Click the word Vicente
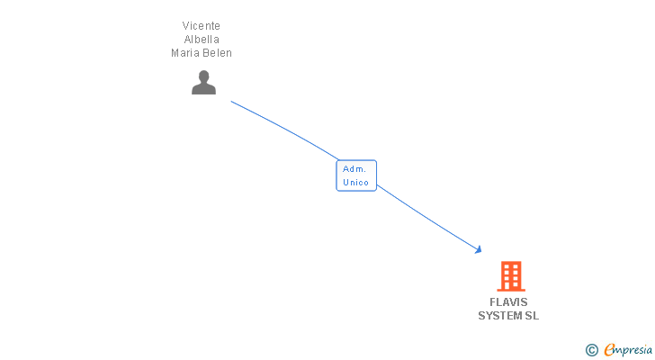[x=202, y=26]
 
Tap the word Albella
[x=202, y=40]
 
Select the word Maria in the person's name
[x=186, y=53]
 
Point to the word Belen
[x=217, y=53]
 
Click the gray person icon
[x=204, y=83]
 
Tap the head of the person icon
[x=204, y=76]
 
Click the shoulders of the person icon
[x=204, y=89]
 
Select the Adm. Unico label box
[x=356, y=175]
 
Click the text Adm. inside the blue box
[x=354, y=169]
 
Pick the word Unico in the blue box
[x=356, y=183]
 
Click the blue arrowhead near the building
[x=479, y=249]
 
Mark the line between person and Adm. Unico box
[x=283, y=128]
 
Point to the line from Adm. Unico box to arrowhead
[x=427, y=218]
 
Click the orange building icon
[x=510, y=276]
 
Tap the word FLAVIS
[x=509, y=302]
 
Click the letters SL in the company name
[x=533, y=316]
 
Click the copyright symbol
[x=592, y=350]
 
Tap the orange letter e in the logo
[x=610, y=350]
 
